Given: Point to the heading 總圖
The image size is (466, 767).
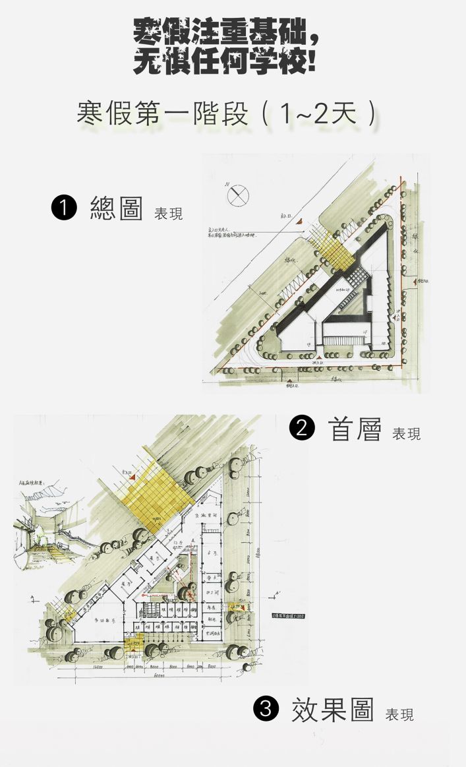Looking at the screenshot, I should [116, 208].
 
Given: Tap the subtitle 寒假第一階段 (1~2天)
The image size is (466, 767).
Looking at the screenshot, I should [228, 113].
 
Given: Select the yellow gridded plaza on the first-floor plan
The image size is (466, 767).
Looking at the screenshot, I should [156, 491].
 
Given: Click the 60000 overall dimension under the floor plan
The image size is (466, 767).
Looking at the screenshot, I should [158, 676].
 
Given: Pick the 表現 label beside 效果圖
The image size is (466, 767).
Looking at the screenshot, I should [399, 715].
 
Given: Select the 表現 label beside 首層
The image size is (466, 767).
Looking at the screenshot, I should [406, 434].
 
